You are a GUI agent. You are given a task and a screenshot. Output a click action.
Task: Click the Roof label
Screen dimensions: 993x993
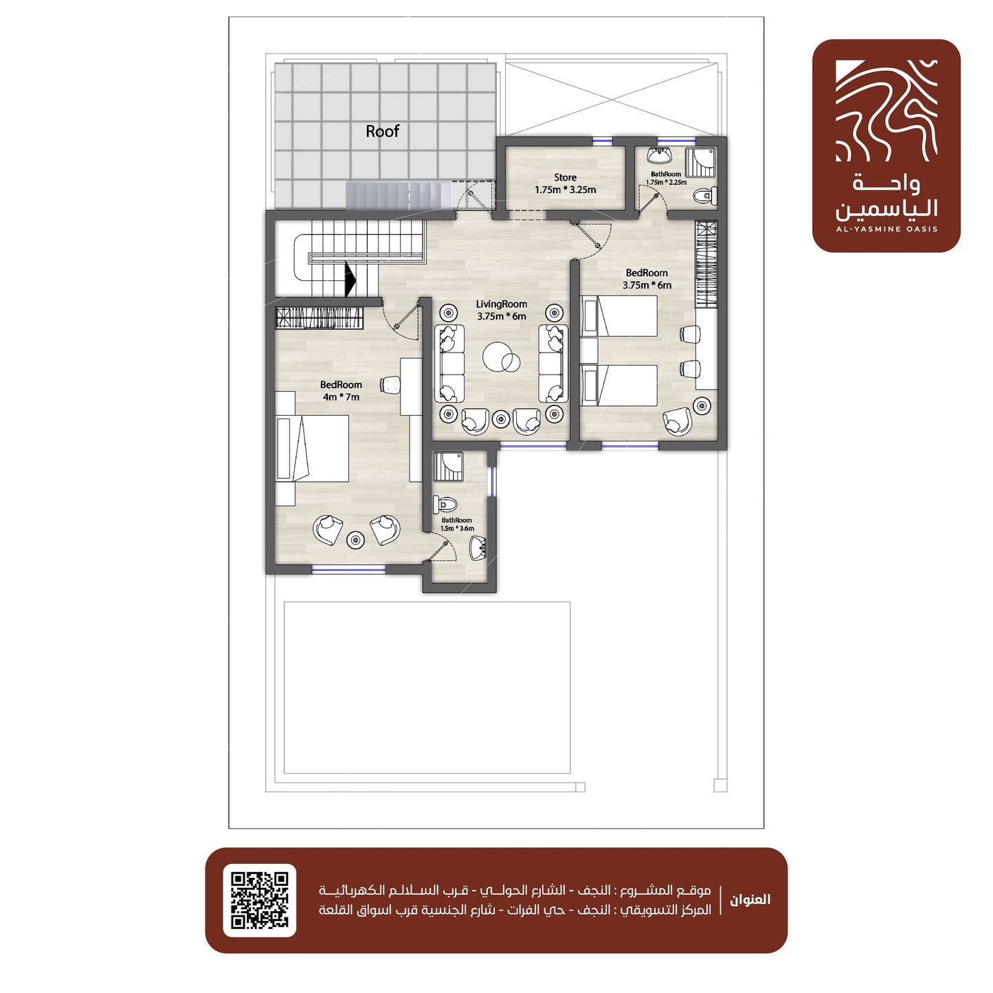382,131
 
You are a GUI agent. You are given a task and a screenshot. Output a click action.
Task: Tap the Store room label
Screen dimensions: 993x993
565,177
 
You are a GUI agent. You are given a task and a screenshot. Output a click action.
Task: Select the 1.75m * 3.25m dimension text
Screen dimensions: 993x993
565,190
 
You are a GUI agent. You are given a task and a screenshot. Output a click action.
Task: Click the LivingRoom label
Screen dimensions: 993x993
501,304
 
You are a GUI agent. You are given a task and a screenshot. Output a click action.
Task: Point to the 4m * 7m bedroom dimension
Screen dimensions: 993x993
341,397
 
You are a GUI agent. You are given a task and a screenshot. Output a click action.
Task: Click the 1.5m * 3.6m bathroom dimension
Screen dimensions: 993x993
456,528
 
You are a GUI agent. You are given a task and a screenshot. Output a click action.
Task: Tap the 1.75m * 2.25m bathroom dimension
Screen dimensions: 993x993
666,182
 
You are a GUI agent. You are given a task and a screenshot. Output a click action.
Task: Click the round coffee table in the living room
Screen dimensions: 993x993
501,357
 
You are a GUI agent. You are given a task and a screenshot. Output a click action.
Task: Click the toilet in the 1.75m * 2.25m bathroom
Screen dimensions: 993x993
705,194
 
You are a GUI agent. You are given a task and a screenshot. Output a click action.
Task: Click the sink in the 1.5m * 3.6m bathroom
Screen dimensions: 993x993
478,548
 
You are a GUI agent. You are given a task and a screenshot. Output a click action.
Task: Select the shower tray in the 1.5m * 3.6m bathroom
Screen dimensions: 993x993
448,466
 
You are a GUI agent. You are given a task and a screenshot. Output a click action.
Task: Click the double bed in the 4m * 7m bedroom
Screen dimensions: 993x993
312,448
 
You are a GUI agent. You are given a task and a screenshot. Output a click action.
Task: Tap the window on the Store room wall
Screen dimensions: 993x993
603,140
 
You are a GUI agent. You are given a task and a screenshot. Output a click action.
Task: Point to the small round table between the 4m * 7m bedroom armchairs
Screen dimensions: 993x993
355,539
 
